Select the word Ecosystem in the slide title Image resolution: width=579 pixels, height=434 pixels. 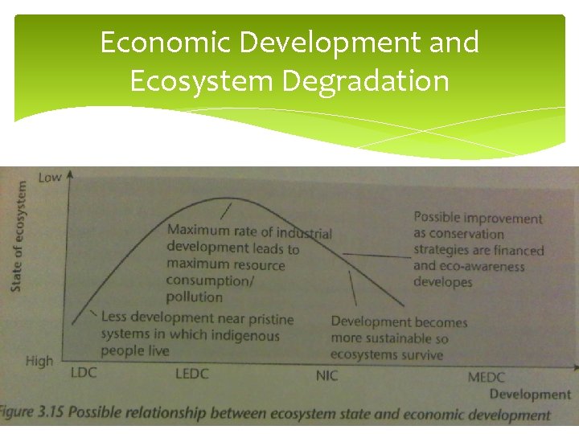coord(195,80)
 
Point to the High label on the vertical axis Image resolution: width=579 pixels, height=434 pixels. coord(39,361)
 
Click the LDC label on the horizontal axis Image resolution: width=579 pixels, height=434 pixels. coord(84,373)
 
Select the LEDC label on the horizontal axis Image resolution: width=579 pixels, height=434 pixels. coord(191,374)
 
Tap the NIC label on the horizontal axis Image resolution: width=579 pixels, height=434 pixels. coord(326,375)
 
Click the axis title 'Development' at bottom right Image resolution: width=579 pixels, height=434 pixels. coord(530,394)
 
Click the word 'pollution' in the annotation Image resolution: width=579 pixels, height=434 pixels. coord(194,297)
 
